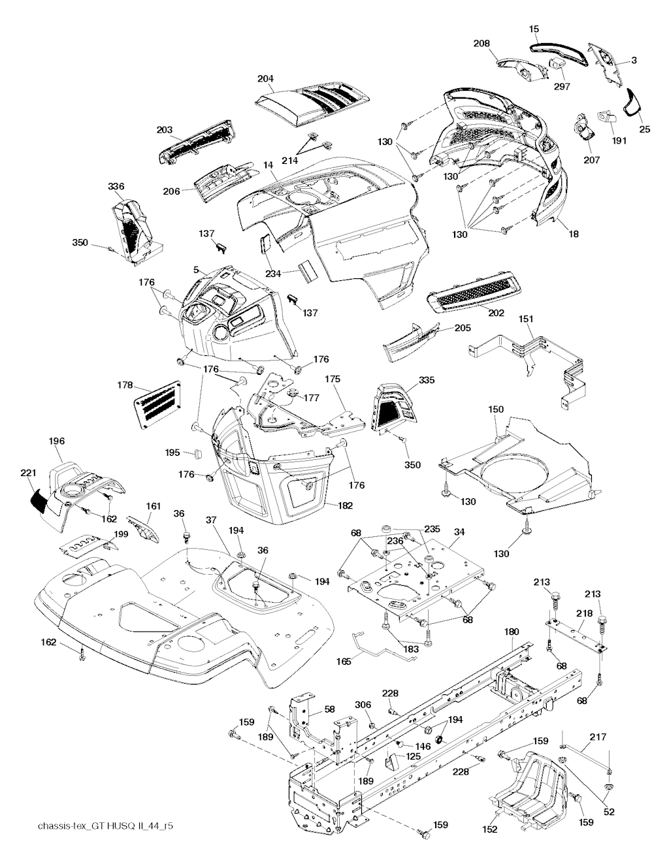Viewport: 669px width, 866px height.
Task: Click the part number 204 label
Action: pyautogui.click(x=265, y=79)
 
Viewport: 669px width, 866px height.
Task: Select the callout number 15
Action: pyautogui.click(x=534, y=29)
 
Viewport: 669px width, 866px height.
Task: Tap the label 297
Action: pyautogui.click(x=562, y=86)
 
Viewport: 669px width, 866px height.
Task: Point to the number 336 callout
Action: pyautogui.click(x=116, y=187)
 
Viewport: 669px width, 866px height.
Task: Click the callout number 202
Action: pyautogui.click(x=496, y=313)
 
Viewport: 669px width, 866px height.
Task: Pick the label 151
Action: pyautogui.click(x=526, y=319)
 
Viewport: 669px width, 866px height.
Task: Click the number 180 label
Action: pyautogui.click(x=512, y=632)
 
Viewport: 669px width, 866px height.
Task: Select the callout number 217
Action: pyautogui.click(x=598, y=737)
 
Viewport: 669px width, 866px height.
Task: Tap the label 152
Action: pyautogui.click(x=489, y=829)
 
